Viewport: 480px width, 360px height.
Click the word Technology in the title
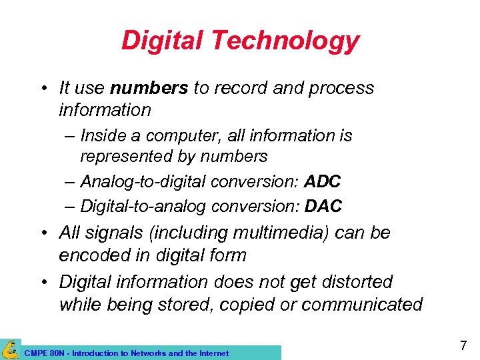(287, 41)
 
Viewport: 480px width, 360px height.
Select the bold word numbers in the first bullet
(149, 88)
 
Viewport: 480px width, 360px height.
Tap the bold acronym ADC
(323, 181)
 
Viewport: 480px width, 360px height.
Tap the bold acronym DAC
(323, 206)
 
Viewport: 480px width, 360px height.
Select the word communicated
(362, 305)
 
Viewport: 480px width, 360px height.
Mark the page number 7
(463, 345)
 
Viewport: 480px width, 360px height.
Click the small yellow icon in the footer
(9, 349)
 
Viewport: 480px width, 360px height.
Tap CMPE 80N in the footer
(41, 353)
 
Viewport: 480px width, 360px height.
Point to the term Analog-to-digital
(143, 181)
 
